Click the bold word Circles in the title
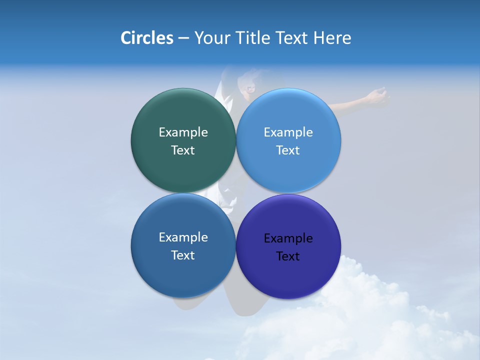pos(146,37)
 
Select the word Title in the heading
pos(253,37)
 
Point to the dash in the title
pos(183,38)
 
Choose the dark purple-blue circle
pos(288,272)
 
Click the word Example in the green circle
pos(183,132)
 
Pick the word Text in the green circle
pos(183,150)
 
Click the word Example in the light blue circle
pos(288,132)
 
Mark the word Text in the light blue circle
pos(288,150)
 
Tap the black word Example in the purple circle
pos(288,238)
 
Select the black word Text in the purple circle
pos(288,256)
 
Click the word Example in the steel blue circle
pos(183,237)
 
